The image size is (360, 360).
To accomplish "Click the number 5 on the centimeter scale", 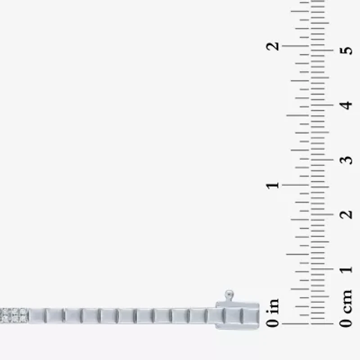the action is click(346, 50).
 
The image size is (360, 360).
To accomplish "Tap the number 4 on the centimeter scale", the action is click(346, 105).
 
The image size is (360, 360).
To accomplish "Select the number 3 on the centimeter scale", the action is click(346, 160).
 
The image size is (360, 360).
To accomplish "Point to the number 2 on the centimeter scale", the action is click(346, 215).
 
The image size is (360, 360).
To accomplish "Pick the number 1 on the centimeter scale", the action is click(346, 269).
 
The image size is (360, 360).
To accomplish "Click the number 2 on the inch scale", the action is click(273, 46).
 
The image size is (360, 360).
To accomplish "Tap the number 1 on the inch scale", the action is click(273, 185).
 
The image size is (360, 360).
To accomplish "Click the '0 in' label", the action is click(273, 313).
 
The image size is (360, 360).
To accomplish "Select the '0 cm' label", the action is click(346, 309).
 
